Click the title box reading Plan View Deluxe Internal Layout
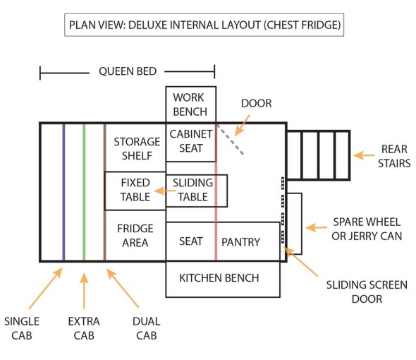click(x=204, y=25)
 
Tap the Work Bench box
click(x=191, y=104)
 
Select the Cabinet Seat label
click(x=191, y=140)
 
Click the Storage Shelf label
click(x=137, y=148)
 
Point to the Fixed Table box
click(x=135, y=191)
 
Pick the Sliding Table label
click(x=192, y=190)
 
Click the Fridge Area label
click(x=135, y=235)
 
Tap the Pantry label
click(x=240, y=242)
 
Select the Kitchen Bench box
click(x=223, y=279)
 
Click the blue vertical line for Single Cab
click(x=63, y=192)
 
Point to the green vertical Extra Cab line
click(x=84, y=192)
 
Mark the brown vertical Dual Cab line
click(x=105, y=192)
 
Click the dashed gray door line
click(x=230, y=139)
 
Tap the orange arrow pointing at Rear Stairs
click(x=364, y=155)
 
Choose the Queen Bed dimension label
click(x=128, y=71)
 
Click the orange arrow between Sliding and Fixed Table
click(x=165, y=191)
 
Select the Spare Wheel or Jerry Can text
click(x=367, y=229)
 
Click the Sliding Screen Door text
click(x=367, y=292)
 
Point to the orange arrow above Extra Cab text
click(x=84, y=291)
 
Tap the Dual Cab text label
click(x=147, y=328)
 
